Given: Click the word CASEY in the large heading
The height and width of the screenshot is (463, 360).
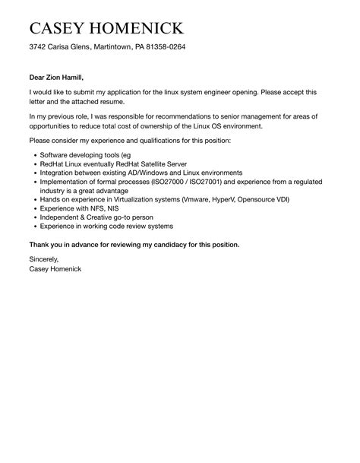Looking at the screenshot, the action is point(58,29).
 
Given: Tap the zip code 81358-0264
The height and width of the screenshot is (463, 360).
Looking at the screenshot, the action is point(163,47).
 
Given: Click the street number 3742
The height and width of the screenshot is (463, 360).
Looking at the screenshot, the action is point(38,47).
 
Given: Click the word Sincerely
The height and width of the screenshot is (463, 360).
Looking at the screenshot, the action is point(45,260).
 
